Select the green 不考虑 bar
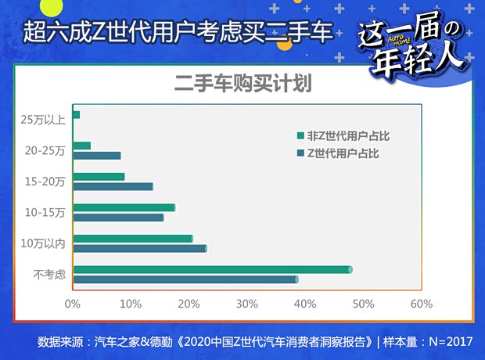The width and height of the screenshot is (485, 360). tap(211, 269)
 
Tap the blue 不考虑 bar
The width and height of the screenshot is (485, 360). tap(185, 279)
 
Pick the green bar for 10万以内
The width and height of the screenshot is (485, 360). tap(132, 238)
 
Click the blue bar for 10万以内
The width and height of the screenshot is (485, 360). tap(139, 248)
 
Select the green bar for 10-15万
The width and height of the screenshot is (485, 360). tap(124, 207)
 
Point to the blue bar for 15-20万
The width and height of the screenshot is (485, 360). tap(112, 186)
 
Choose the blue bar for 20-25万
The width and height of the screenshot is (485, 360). tap(96, 155)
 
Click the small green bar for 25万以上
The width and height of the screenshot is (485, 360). tap(76, 115)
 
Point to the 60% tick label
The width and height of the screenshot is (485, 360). tap(421, 304)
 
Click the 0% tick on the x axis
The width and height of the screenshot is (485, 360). tap(73, 304)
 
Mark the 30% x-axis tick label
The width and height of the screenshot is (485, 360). tap(246, 304)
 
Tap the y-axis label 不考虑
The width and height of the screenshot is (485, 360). tap(49, 274)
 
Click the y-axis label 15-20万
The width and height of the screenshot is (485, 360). tap(45, 181)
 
